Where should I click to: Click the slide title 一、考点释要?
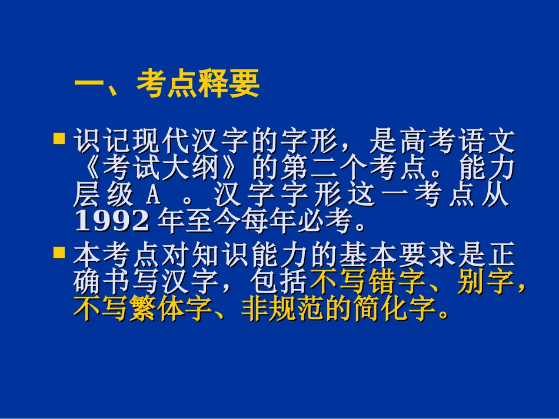point(167,86)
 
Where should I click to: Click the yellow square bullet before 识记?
point(59,139)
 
